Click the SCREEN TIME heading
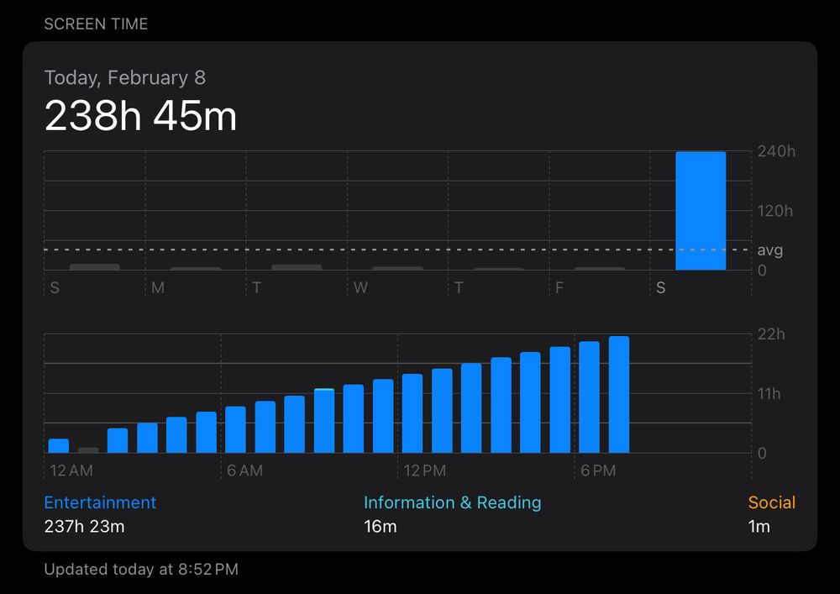(96, 24)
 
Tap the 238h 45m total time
(140, 115)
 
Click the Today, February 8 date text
(124, 78)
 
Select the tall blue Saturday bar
(701, 211)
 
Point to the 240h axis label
(775, 151)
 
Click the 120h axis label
(775, 211)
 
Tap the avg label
(770, 250)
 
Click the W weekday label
(360, 288)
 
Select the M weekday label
(158, 288)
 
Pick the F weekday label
(559, 288)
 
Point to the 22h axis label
(770, 334)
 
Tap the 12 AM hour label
(71, 470)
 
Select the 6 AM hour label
(244, 470)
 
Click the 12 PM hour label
(424, 470)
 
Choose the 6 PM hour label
(598, 470)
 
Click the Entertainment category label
(100, 502)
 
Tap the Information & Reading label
(452, 502)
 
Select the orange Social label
(771, 502)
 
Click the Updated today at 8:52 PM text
(141, 570)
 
